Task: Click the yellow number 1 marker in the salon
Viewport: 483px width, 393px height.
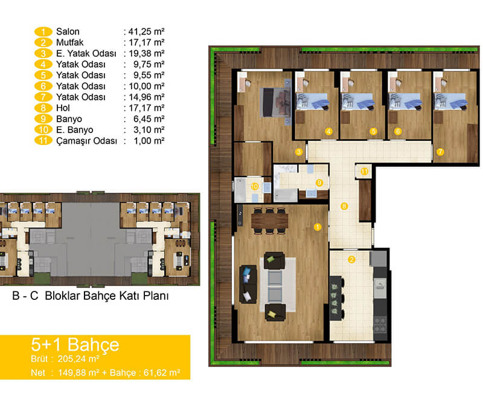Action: click(318, 227)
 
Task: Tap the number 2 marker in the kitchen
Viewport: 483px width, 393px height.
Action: click(351, 259)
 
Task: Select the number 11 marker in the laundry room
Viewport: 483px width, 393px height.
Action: click(365, 171)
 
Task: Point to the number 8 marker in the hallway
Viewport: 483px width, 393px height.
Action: click(344, 206)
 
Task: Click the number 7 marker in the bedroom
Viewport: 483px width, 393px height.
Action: click(440, 152)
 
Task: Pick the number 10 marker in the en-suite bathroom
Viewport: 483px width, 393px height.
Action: click(255, 186)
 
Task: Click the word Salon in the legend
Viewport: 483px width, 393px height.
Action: click(68, 31)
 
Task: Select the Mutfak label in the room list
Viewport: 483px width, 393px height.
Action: click(69, 42)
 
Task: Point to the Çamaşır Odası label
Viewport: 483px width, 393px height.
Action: click(86, 141)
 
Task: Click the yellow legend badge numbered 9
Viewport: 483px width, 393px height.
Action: click(43, 119)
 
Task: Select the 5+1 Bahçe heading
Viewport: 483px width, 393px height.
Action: click(75, 345)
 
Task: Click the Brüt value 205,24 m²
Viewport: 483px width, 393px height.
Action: click(78, 359)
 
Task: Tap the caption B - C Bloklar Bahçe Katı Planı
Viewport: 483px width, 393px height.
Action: click(90, 296)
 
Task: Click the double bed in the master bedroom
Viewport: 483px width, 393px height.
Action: click(276, 102)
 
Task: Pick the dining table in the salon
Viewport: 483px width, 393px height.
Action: click(269, 221)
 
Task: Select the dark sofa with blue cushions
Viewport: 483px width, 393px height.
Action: click(248, 284)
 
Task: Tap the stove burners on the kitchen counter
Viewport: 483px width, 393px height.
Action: click(380, 325)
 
